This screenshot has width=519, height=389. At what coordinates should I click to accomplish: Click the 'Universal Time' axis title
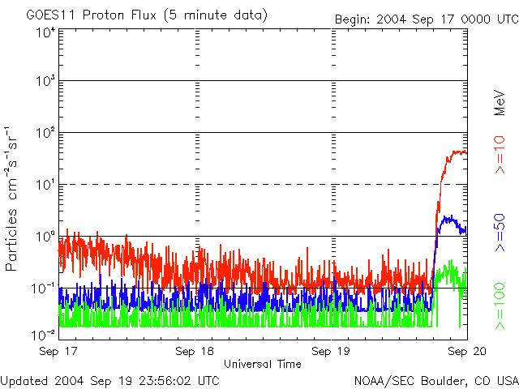tap(263, 364)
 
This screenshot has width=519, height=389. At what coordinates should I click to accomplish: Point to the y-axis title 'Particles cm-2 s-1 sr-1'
tap(14, 199)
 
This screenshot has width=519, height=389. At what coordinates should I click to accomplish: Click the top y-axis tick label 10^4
tap(45, 32)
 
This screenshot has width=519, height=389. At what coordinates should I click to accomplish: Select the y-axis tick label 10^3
tap(45, 82)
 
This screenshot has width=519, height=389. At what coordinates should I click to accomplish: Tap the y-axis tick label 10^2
tap(45, 133)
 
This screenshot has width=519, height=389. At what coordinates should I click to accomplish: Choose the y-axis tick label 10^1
tap(45, 185)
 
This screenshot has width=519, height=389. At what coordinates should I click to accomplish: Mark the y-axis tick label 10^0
tap(45, 237)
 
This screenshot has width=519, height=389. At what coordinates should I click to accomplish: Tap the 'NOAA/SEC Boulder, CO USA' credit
tap(436, 379)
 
